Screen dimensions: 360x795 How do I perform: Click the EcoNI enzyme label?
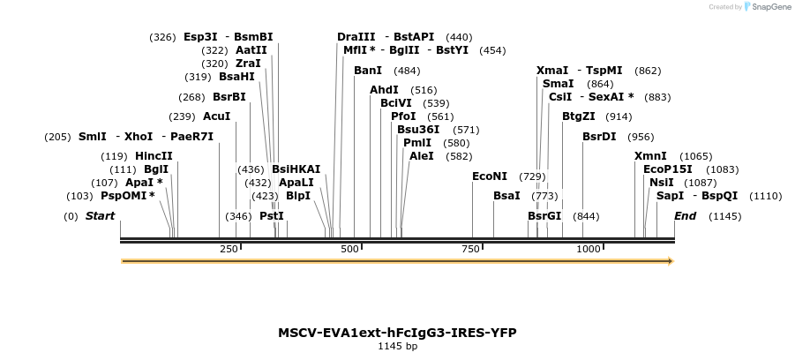pos(490,176)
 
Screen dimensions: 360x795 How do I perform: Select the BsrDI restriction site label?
pos(599,137)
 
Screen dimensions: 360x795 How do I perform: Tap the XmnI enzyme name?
pos(650,156)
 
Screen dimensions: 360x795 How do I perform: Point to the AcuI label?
pos(216,116)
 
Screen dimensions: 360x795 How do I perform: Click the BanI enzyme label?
pos(368,71)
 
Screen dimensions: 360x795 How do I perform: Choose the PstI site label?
pos(272,216)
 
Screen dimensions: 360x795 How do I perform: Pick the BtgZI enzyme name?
pos(579,116)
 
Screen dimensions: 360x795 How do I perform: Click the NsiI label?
pos(661,183)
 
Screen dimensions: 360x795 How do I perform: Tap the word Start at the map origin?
pos(100,216)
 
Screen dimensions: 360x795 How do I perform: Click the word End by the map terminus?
pos(686,216)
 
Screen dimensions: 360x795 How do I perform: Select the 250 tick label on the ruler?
pos(229,250)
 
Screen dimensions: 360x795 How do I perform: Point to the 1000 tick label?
pos(588,250)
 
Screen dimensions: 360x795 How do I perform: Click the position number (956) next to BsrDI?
pos(641,137)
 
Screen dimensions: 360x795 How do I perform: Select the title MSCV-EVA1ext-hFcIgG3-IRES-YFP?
pos(397,333)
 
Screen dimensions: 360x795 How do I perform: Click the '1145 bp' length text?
pos(397,347)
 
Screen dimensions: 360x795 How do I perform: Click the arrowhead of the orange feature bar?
pos(671,261)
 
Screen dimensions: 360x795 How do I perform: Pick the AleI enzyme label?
pos(422,156)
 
